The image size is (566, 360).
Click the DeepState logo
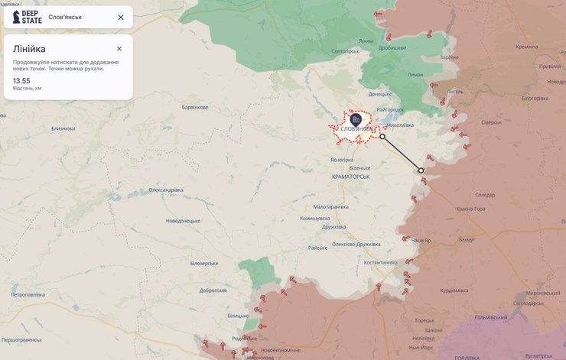tap(28, 17)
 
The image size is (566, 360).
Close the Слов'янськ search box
tap(121, 17)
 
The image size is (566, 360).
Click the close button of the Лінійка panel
tap(119, 49)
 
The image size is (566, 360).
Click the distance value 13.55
tap(21, 80)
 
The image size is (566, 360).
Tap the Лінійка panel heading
tap(29, 49)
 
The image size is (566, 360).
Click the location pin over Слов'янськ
tap(356, 119)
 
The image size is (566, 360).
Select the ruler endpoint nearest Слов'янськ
tap(382, 137)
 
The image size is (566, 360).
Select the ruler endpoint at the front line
tap(421, 170)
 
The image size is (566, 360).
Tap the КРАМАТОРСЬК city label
tap(351, 177)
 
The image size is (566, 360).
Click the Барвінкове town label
tap(194, 107)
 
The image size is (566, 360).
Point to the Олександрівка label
tap(166, 190)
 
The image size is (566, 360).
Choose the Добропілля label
tap(213, 290)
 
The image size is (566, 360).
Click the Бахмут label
tap(467, 240)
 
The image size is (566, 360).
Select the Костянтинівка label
tap(381, 263)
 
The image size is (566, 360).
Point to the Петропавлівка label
tap(29, 294)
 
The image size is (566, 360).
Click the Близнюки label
tap(63, 128)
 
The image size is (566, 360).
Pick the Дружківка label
tap(334, 226)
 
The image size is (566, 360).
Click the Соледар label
tap(485, 195)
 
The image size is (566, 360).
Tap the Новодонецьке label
tap(183, 221)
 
